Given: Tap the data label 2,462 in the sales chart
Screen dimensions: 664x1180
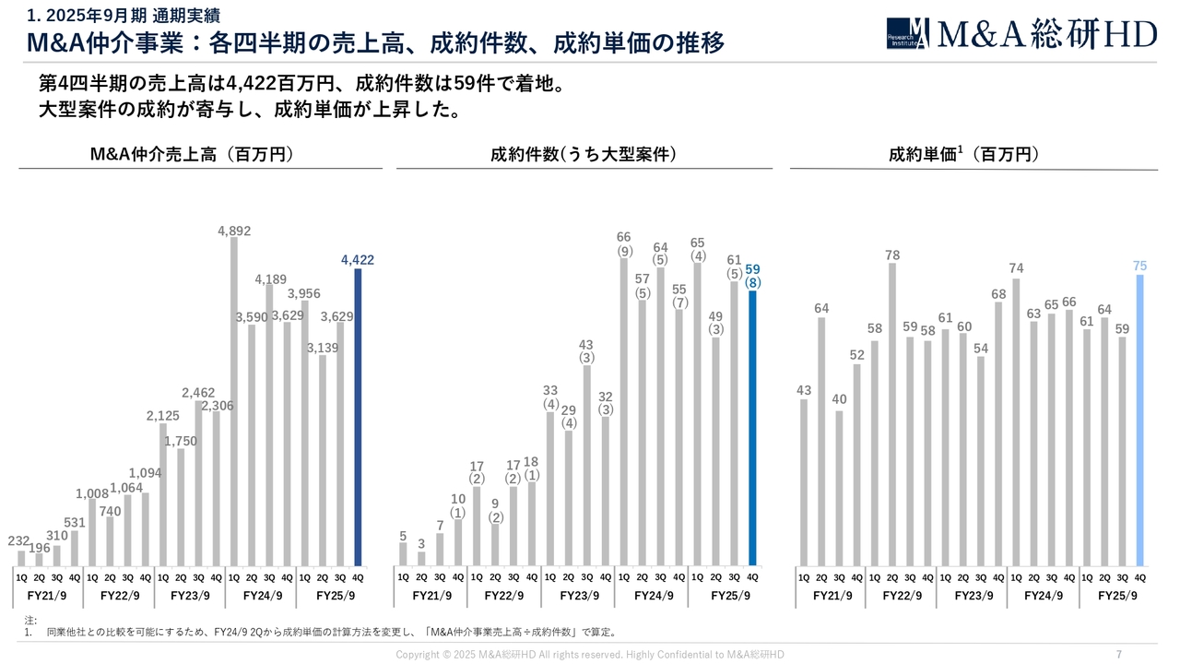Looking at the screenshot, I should coord(198,393).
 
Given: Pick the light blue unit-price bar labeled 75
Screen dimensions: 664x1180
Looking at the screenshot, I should coord(1139,420).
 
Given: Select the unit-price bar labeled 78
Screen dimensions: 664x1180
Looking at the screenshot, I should coord(892,414).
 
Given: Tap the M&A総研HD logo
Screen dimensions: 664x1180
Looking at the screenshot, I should coord(1021,34).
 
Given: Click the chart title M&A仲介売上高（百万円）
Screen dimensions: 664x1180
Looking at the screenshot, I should coord(192,155).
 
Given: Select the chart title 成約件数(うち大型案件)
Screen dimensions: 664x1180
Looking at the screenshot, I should coord(584,155).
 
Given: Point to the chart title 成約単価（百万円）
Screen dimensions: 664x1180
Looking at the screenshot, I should coord(963,155).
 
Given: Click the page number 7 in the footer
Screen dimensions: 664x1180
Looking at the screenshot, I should coord(1118,654).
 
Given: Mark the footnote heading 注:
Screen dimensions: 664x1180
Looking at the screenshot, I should coord(30,620).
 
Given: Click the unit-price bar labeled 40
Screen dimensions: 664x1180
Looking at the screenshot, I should coord(839,488).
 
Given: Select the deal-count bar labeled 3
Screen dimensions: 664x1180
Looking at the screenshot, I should coord(421,558).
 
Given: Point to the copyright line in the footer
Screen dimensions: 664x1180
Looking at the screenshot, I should coord(590,654).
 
